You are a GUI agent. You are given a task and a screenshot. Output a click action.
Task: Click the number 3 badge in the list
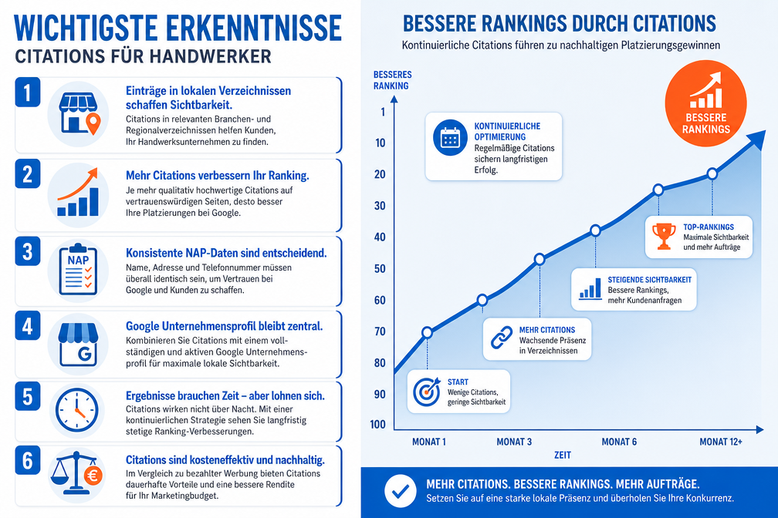pos(27,252)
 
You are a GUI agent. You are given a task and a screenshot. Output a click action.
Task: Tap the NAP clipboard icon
pos(78,270)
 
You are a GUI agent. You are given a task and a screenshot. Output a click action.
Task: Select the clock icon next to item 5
pos(77,410)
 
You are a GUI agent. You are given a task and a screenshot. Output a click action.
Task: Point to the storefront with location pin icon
pos(79,114)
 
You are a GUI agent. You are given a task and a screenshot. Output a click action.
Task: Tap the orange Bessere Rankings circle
pos(705,103)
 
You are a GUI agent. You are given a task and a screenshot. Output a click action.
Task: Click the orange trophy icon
pos(664,236)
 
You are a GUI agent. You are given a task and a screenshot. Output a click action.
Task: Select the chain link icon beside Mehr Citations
pos(502,338)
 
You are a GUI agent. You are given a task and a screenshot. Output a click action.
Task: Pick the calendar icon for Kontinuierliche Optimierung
pos(450,137)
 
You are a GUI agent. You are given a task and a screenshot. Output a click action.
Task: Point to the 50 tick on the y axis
pos(380,269)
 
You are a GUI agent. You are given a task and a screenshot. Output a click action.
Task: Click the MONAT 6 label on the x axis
pos(619,442)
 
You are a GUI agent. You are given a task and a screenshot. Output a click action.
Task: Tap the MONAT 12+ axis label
pos(720,442)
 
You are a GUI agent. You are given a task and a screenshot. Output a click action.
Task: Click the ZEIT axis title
pos(563,455)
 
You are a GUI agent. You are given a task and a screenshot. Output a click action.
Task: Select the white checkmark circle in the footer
pos(401,491)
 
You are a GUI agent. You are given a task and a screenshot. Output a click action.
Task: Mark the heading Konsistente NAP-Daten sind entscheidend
pos(226,253)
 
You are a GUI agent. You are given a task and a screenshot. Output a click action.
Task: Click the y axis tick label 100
pos(377,424)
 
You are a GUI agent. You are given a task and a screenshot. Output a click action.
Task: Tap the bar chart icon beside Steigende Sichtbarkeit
pos(590,288)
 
